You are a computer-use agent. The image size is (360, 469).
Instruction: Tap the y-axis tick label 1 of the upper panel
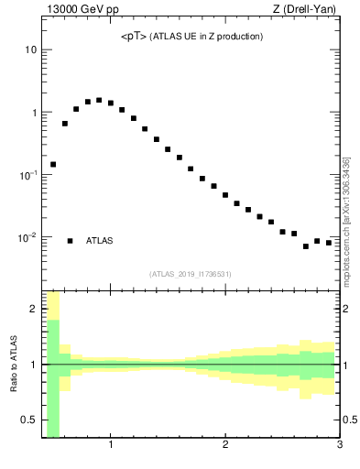point(32,113)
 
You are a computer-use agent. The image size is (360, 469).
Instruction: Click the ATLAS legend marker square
point(70,241)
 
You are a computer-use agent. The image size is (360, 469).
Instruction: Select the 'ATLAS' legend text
point(100,241)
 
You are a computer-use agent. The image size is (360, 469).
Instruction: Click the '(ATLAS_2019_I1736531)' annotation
point(191,274)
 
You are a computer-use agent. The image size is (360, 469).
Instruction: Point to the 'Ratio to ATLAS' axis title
point(14,364)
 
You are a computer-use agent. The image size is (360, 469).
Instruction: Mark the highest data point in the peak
point(99,101)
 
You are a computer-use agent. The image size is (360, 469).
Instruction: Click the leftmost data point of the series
point(53,165)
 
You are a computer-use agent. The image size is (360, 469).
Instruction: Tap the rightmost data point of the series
point(329,243)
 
